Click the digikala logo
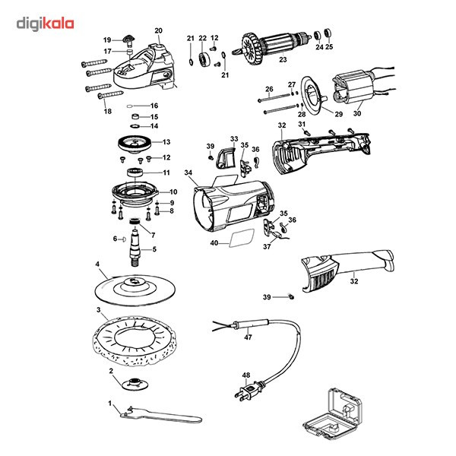coord(45,24)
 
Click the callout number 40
coord(214,243)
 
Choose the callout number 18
coord(107,111)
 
